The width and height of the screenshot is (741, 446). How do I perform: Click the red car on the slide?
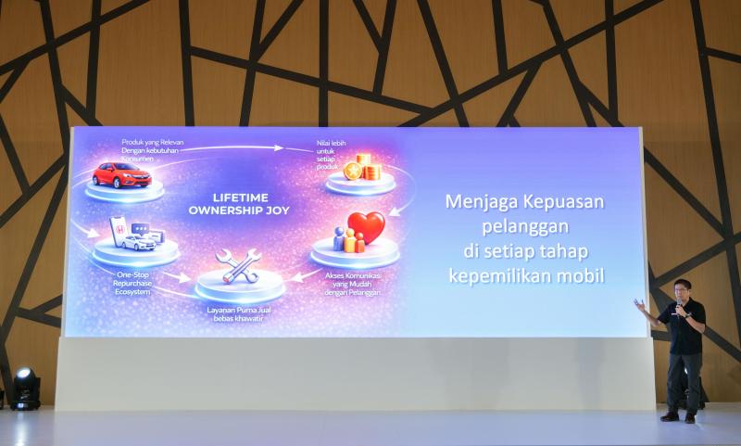121,174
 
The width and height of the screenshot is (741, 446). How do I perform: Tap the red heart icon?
367,227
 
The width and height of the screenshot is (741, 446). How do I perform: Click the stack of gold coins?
370,168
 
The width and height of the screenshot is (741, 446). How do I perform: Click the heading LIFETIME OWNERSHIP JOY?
239,204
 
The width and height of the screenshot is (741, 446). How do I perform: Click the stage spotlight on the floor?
25,389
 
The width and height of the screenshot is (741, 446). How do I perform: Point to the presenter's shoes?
677,417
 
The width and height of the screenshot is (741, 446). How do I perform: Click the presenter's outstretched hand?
639,303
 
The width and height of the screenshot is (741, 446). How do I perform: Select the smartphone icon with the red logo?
119,230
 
